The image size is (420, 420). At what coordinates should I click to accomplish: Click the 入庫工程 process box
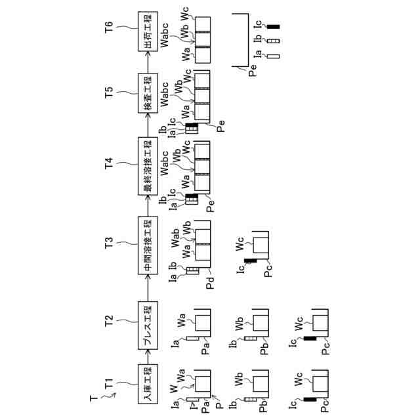point(147,384)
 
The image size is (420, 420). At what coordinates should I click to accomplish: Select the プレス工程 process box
point(147,321)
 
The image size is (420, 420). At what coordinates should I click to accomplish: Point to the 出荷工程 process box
point(147,33)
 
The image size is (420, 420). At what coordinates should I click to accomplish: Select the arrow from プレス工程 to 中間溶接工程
point(147,284)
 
